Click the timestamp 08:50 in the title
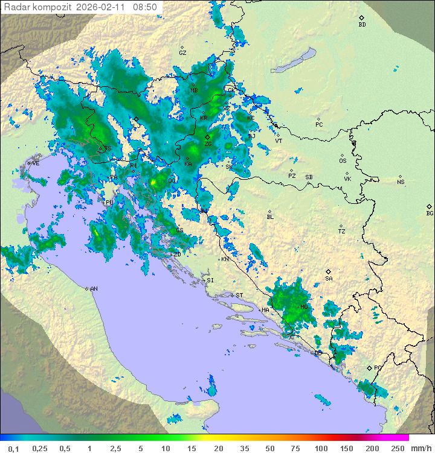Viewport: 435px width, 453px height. pos(145,7)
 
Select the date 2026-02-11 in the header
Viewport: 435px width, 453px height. pos(103,7)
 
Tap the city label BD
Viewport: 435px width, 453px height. pos(362,25)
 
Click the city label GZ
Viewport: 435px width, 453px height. pos(182,53)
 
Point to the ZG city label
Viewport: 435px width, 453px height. pos(208,144)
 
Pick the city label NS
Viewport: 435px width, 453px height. pos(401,182)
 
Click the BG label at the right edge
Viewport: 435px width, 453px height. pos(430,213)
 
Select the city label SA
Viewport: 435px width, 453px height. pos(329,279)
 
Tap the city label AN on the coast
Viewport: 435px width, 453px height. pos(94,289)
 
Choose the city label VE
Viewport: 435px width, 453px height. pos(36,163)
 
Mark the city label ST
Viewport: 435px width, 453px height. pos(239,296)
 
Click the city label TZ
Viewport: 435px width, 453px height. pos(342,232)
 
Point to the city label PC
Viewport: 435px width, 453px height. pos(319,125)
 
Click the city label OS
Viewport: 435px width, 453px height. pos(343,161)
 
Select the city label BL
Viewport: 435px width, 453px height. pos(270,217)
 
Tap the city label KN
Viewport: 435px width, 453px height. pos(225,259)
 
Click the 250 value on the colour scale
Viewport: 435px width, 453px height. pos(397,448)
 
